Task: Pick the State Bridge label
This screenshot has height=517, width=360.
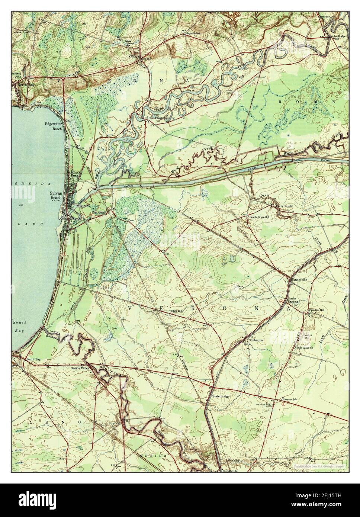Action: pyautogui.click(x=221, y=396)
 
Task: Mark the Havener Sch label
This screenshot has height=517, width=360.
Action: pyautogui.click(x=290, y=399)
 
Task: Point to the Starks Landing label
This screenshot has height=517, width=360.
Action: pyautogui.click(x=293, y=301)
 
